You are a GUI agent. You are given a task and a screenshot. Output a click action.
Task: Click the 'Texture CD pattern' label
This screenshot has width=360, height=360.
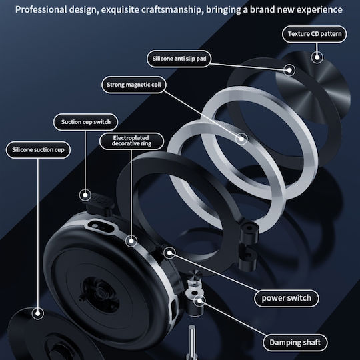point(314,34)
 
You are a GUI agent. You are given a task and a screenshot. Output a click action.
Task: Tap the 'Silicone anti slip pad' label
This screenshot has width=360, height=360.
point(179,59)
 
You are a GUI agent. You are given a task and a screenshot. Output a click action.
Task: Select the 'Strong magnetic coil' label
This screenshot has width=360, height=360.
point(134,85)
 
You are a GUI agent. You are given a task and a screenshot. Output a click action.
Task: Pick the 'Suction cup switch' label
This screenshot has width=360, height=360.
point(85,122)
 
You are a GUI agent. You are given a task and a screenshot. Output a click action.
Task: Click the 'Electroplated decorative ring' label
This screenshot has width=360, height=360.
point(131,141)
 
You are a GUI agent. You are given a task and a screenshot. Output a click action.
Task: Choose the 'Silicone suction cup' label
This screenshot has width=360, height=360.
point(38,150)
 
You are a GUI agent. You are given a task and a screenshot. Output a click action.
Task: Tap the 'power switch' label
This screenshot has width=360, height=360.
point(287,298)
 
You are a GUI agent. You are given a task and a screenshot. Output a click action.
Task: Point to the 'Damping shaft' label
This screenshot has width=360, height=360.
point(295,343)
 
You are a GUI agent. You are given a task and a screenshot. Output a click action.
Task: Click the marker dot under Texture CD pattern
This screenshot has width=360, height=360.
point(317,57)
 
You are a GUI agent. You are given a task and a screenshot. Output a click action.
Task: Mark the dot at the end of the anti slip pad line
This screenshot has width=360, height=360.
point(289,70)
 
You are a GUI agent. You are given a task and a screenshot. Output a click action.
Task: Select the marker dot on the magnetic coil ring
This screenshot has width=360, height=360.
point(241,139)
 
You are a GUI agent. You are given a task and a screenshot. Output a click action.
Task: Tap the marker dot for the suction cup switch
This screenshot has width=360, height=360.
point(85,195)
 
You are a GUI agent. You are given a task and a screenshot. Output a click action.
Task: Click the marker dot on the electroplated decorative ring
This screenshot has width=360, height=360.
point(131,241)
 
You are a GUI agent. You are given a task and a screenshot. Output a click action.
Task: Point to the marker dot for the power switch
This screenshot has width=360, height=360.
point(169,253)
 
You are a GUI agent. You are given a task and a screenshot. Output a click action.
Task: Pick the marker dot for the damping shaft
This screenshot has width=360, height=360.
point(199,301)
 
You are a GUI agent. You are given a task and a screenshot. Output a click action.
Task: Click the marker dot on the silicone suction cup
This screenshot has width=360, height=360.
point(38,313)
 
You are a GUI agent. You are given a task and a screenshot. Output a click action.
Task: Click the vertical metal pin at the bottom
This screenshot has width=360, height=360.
point(191,342)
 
